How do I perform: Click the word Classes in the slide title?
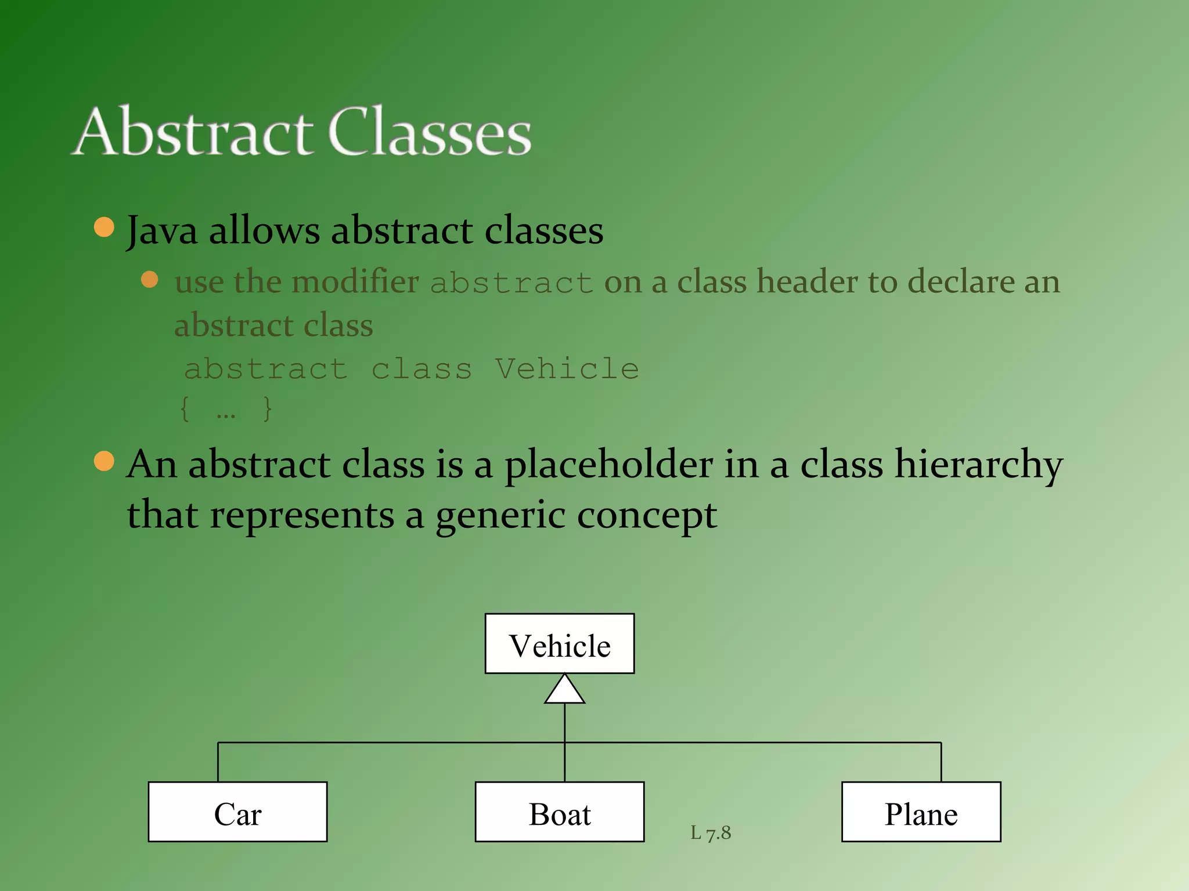pos(430,132)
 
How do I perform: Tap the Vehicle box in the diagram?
pos(560,644)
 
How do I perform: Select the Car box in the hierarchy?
pos(237,812)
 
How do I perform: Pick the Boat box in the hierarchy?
pos(560,812)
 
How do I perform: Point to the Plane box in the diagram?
pos(921,812)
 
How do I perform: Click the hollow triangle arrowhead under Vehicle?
pos(564,690)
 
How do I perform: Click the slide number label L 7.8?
pos(711,833)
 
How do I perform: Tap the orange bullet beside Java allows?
pos(104,227)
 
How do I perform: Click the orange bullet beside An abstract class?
pos(104,461)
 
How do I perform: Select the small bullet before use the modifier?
pos(150,280)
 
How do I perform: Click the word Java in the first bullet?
pos(162,231)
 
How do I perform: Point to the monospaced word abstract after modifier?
pos(511,283)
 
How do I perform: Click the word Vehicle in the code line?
pos(567,369)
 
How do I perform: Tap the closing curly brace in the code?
pos(267,409)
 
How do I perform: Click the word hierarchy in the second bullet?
pos(978,465)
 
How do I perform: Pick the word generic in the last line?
pos(500,515)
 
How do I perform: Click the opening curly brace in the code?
pos(185,409)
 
